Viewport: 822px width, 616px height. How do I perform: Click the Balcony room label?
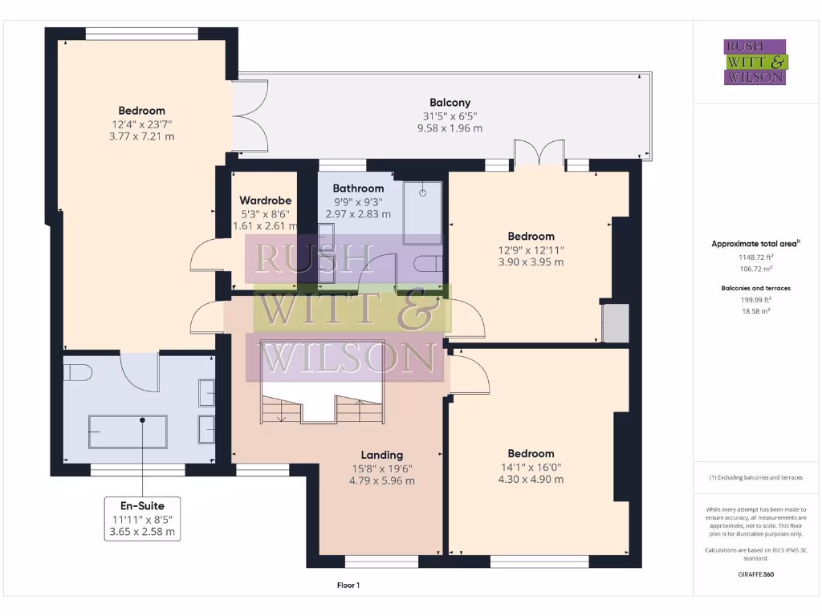[450, 103]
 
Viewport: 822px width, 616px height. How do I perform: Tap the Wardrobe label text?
[266, 201]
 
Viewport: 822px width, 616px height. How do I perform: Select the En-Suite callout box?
[142, 518]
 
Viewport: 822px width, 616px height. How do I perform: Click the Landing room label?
[381, 454]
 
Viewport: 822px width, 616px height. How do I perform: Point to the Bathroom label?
[358, 188]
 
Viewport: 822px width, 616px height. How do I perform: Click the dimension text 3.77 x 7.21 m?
[141, 136]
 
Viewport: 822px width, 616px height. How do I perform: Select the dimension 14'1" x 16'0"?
[531, 467]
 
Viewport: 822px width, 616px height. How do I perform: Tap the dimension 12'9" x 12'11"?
[531, 249]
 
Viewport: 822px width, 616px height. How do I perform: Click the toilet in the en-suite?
[78, 373]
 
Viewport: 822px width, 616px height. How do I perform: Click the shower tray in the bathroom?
[421, 213]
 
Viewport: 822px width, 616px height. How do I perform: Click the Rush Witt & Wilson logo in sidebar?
[755, 63]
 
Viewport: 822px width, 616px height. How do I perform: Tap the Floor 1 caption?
[348, 586]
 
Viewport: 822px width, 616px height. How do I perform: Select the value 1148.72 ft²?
[755, 257]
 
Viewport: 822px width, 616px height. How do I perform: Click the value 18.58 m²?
[755, 310]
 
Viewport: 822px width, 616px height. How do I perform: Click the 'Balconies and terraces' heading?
[755, 287]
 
